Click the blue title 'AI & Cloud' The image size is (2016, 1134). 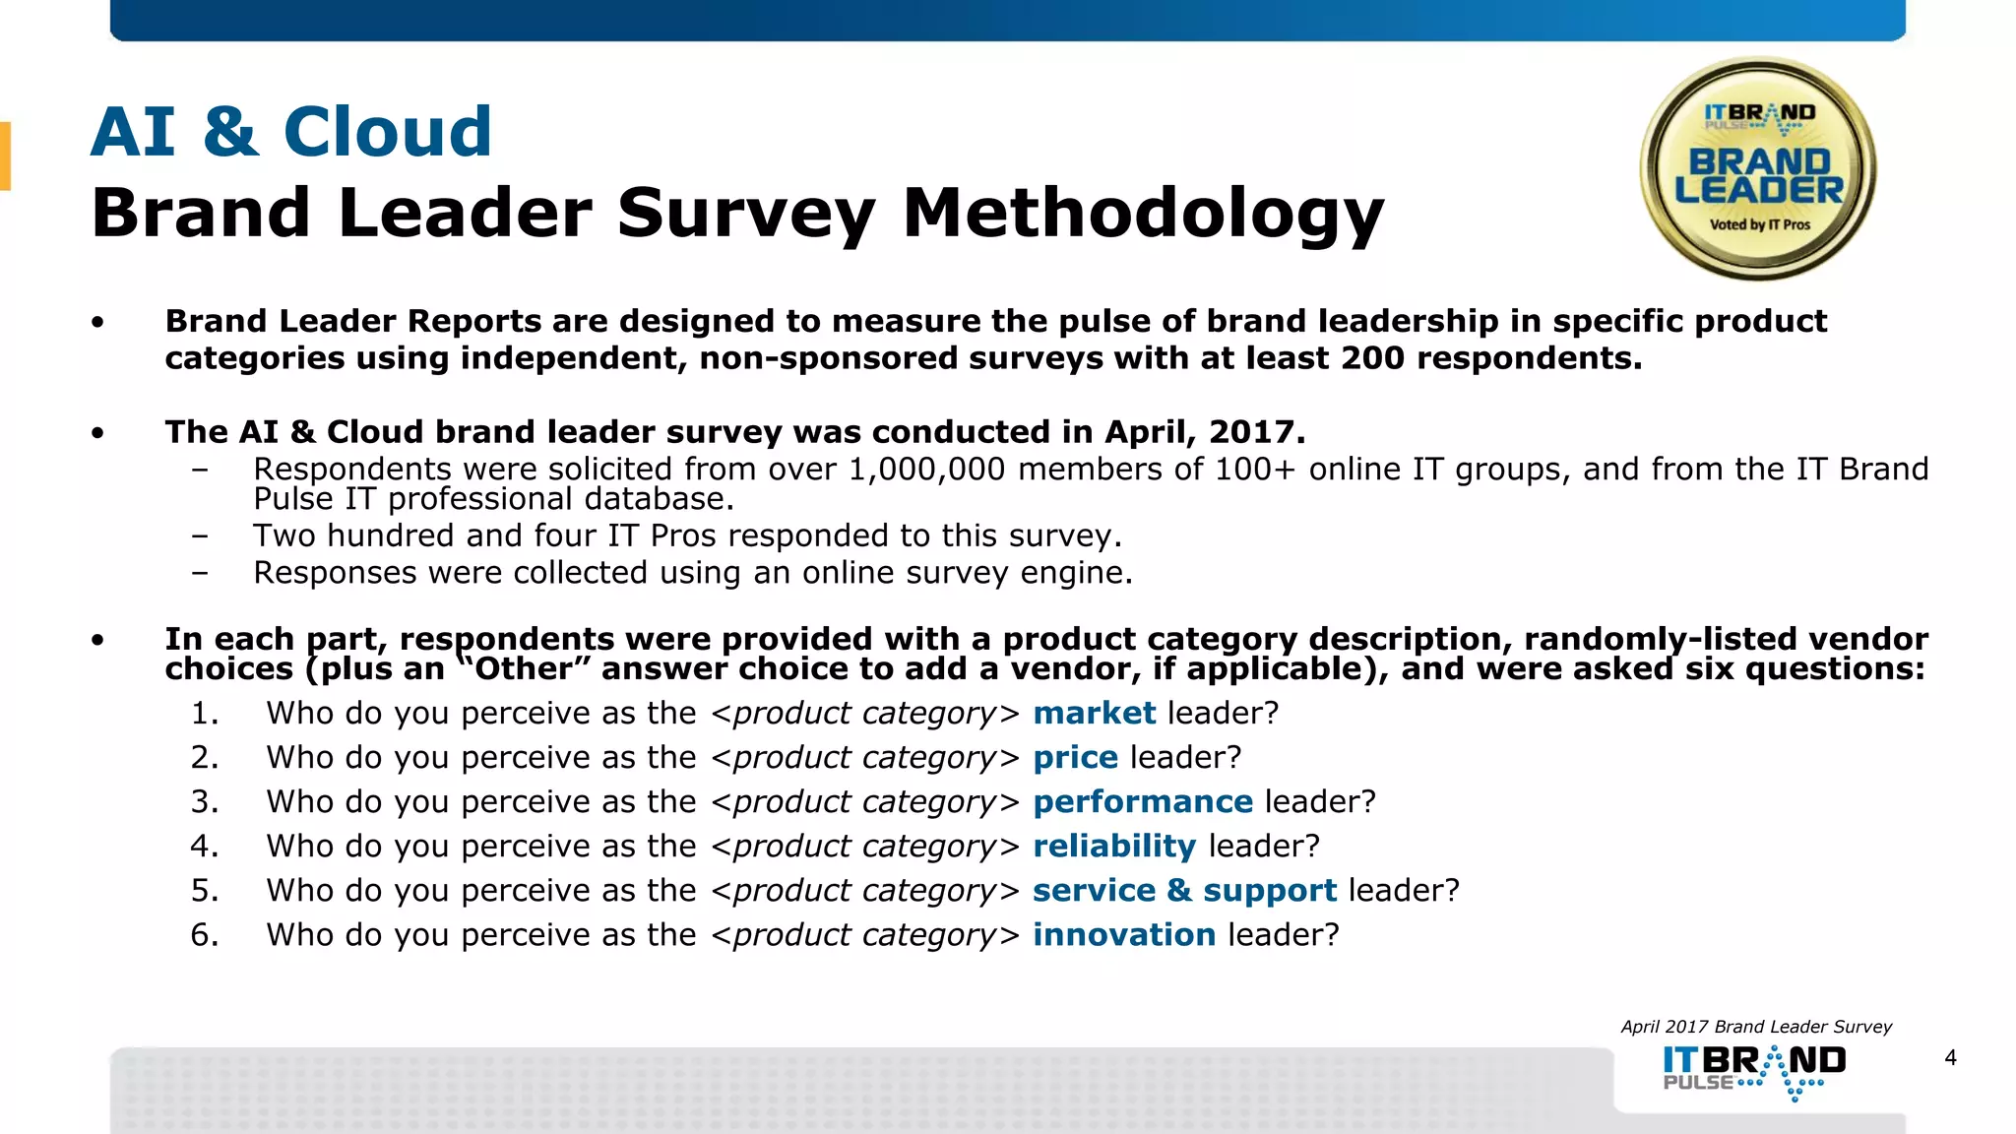pos(291,132)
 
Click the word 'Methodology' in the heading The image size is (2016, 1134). pos(1143,214)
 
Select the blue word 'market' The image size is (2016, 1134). pos(1094,713)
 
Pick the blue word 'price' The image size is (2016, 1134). pos(1075,757)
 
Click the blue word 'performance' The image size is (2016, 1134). pos(1142,801)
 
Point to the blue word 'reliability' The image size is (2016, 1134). pos(1113,846)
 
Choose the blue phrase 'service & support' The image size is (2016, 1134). pos(1184,890)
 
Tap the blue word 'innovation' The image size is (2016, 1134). pos(1123,934)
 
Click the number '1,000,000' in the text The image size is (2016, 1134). pos(926,470)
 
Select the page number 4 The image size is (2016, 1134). pos(1950,1058)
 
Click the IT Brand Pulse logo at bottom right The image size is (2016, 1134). pos(1754,1071)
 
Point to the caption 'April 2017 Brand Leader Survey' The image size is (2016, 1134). pos(1756,1027)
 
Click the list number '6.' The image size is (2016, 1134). pos(204,934)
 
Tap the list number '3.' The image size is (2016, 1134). pos(204,801)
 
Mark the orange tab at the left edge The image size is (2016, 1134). pos(5,156)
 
